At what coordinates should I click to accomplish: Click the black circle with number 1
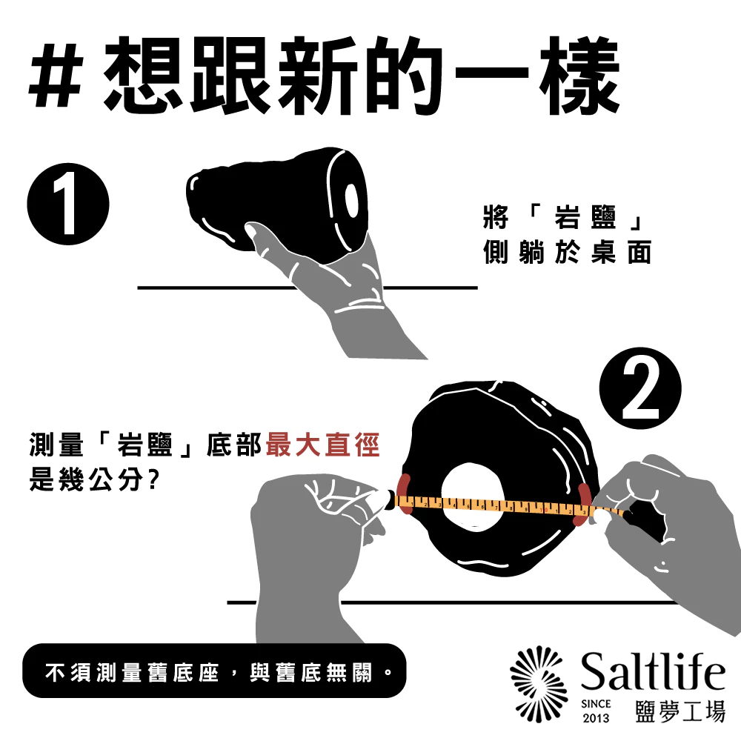68,205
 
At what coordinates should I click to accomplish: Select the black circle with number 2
640,388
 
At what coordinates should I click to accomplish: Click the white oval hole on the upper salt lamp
351,200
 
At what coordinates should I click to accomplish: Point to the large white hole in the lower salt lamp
472,496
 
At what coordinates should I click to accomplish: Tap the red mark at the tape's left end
405,494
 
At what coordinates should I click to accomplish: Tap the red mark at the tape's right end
582,505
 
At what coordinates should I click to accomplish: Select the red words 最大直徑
323,445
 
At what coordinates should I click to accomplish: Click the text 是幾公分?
93,480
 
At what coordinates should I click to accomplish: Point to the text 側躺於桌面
567,252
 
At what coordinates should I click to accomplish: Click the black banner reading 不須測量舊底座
214,671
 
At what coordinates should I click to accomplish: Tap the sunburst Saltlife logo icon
539,684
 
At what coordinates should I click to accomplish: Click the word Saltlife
653,671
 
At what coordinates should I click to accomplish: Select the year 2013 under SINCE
596,718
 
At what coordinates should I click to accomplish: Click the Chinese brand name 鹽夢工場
680,711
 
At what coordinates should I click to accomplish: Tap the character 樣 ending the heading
579,76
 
